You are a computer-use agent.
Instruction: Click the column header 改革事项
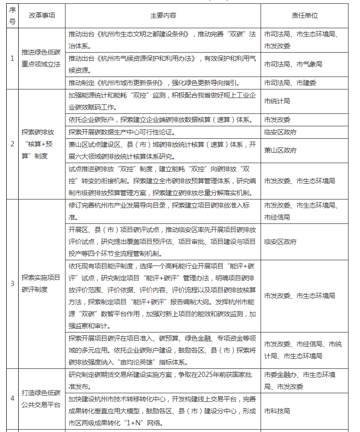[42, 15]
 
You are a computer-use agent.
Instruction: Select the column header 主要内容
[163, 15]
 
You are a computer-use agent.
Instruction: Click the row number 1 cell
[12, 58]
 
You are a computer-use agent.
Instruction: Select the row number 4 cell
[12, 399]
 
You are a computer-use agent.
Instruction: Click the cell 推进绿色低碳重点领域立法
[42, 58]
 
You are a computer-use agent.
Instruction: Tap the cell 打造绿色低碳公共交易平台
[42, 399]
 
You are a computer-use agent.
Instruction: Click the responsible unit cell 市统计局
[277, 101]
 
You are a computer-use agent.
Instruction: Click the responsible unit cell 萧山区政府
[280, 150]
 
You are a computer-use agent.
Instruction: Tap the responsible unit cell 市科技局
[277, 410]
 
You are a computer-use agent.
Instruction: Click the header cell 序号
[12, 15]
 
